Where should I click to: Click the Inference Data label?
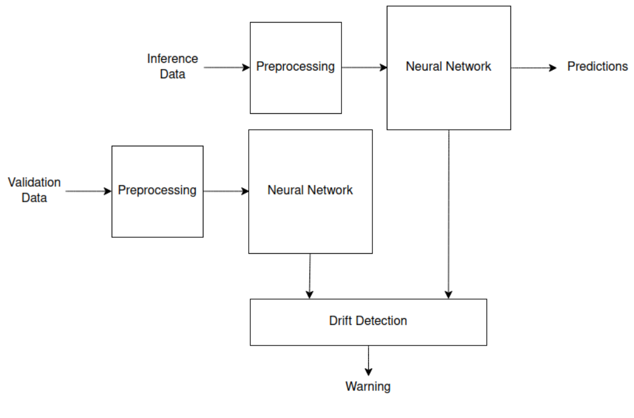coord(173,66)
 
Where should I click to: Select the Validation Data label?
coord(34,190)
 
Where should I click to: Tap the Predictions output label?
coord(597,66)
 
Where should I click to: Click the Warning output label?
coord(368,386)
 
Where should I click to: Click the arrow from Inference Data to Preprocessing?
coord(227,67)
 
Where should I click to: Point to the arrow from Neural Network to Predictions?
coord(534,67)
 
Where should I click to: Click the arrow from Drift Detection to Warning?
coord(368,360)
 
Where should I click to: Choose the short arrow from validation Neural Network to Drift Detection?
coord(310,276)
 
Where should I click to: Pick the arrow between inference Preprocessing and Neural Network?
coord(364,67)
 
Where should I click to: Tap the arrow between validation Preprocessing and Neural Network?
coord(226,191)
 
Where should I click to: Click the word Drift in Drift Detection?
coord(339,321)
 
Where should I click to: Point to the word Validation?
coord(34,182)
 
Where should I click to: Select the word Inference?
coord(173,59)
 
